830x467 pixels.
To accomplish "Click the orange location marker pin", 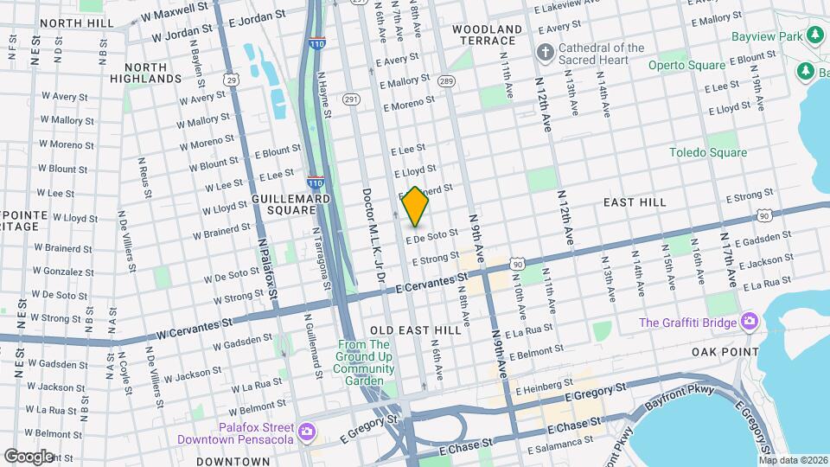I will [416, 207].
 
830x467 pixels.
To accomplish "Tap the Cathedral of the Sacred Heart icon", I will [545, 54].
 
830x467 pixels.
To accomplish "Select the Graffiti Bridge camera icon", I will [750, 323].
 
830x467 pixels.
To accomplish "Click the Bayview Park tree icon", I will [814, 35].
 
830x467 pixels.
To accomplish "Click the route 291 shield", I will [350, 100].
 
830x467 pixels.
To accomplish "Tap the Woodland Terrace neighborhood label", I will [488, 35].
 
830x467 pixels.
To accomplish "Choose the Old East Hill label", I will [415, 330].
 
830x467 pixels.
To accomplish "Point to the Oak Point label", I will [725, 352].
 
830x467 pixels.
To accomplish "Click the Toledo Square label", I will [708, 153].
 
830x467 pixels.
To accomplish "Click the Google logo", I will [29, 456].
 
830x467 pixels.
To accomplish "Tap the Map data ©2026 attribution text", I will [792, 460].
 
